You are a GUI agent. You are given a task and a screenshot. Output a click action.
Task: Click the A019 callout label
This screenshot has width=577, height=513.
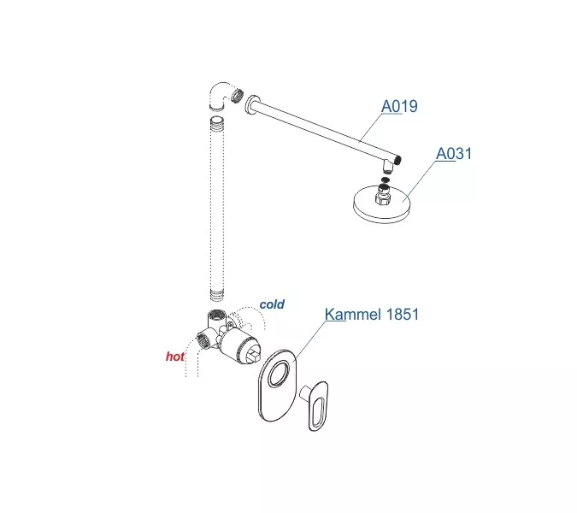398,107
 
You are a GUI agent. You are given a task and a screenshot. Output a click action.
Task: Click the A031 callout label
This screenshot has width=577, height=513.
454,154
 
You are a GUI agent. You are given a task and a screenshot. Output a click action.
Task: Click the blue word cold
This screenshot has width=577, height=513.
272,304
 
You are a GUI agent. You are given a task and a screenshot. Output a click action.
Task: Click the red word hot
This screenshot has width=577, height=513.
175,357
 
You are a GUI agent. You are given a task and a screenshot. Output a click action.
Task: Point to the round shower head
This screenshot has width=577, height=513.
385,205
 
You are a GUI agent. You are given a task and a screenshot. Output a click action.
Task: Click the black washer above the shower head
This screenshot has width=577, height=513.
386,180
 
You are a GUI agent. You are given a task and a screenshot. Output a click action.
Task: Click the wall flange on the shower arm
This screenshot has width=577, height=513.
249,104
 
